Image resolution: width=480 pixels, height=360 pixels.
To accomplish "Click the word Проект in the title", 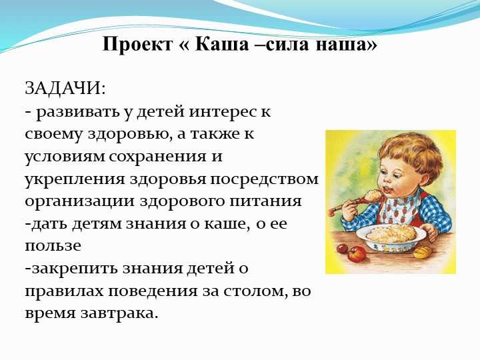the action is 137,45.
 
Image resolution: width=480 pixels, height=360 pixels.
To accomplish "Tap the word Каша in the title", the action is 221,44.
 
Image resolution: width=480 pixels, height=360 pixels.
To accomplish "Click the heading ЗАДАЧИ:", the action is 65,89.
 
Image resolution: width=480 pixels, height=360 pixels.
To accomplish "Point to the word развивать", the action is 78,113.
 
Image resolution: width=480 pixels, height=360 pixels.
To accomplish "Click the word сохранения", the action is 157,157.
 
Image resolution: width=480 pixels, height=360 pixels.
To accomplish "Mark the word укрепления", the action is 75,179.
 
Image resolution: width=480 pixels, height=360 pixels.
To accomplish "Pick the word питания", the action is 265,201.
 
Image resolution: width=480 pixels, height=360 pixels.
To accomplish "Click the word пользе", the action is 53,246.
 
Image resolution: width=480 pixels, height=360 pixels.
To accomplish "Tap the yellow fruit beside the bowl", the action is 423,252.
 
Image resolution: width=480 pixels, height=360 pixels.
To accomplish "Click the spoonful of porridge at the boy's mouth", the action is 373,195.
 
